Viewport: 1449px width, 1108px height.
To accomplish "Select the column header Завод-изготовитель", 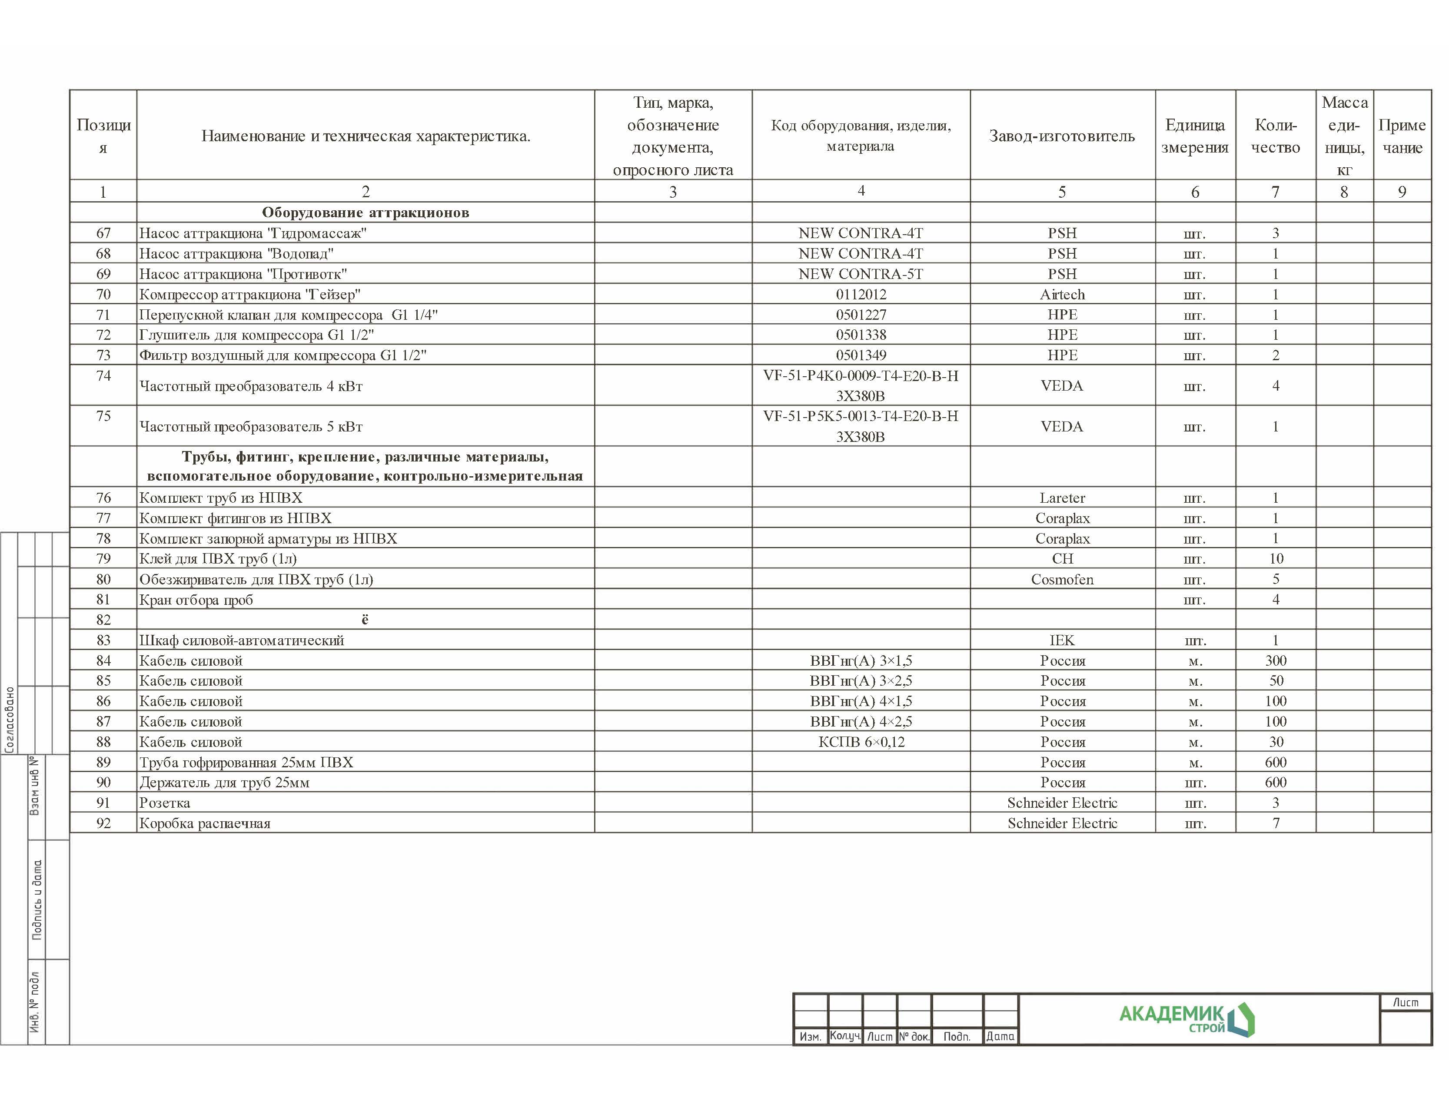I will click(x=1061, y=136).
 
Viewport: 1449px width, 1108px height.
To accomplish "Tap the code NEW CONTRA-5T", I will click(x=860, y=274).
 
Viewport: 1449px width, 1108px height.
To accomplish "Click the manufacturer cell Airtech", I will click(x=1062, y=294).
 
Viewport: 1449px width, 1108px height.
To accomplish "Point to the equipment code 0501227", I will click(x=861, y=315).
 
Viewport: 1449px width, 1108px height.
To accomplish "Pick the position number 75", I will click(x=103, y=416).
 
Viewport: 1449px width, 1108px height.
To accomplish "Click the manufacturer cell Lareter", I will click(x=1062, y=498).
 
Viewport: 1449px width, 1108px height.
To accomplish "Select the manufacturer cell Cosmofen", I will click(x=1062, y=579).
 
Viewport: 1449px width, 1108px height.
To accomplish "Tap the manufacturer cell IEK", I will click(x=1062, y=640).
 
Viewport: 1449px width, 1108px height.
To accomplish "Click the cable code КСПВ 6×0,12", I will click(x=861, y=742).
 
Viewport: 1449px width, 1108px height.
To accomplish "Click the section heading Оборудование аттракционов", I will click(x=366, y=212).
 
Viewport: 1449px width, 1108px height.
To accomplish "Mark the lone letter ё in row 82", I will click(x=365, y=619).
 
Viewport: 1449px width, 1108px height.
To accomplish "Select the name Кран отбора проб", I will click(x=196, y=600).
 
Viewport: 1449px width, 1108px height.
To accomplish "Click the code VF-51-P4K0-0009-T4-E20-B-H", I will click(x=860, y=376).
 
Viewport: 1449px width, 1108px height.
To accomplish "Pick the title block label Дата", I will click(x=1000, y=1036).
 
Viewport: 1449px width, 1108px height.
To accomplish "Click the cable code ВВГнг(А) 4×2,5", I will click(x=861, y=722).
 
